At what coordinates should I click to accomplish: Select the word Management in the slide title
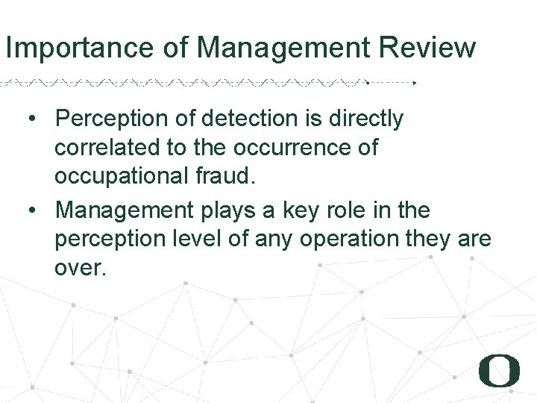[x=284, y=48]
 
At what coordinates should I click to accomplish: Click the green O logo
[x=499, y=370]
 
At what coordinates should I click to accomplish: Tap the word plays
[x=229, y=211]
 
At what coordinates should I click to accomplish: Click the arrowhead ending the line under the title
[x=415, y=82]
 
